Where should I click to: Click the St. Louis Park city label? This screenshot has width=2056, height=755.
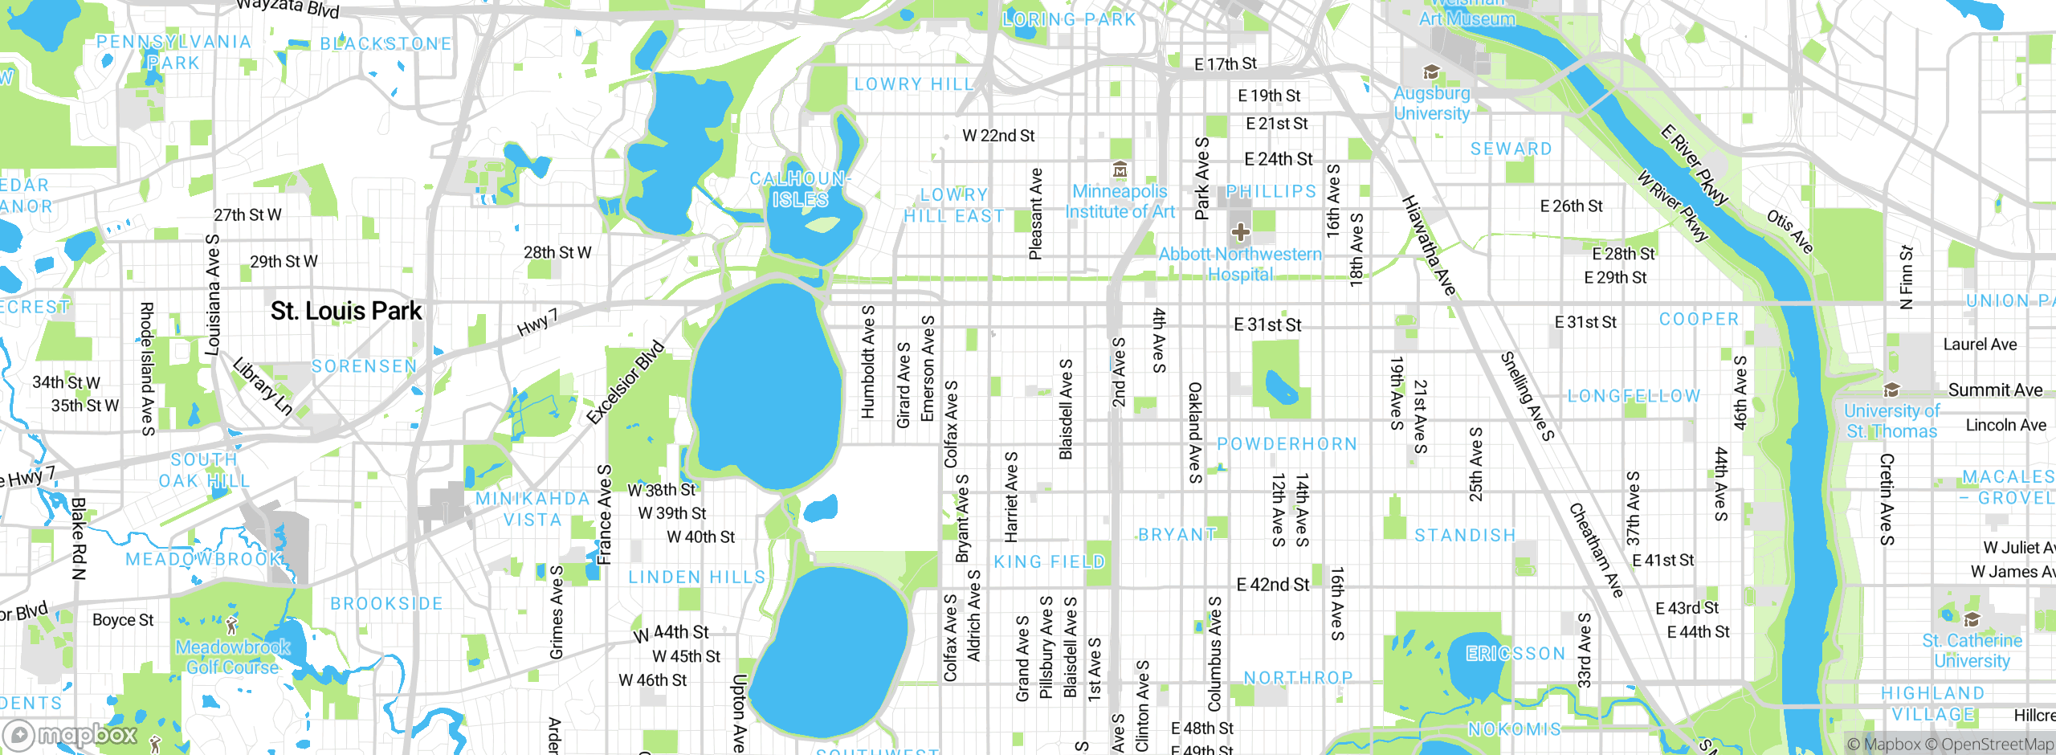coord(345,311)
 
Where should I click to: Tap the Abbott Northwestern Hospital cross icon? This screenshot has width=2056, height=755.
coord(1240,232)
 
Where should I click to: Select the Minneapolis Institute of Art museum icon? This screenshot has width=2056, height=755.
coord(1120,170)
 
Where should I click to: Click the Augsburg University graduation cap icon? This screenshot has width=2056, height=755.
coord(1430,73)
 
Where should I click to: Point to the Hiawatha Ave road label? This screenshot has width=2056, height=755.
coord(1429,245)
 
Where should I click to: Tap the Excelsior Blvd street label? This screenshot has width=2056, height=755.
coord(626,382)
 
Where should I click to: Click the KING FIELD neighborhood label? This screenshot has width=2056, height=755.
coord(1049,562)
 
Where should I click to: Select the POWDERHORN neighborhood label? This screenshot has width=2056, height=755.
coord(1287,444)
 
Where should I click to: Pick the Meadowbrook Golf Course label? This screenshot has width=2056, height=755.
coord(232,657)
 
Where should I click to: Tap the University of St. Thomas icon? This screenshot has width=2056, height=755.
coord(1891,390)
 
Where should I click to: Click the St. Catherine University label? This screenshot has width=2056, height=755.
coord(1972,651)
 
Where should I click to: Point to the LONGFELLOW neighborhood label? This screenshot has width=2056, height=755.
coord(1634,396)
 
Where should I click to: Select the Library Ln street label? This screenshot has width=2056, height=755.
coord(263,386)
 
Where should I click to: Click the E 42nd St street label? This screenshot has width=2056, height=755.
coord(1272,585)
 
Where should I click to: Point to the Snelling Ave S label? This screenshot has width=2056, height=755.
coord(1528,396)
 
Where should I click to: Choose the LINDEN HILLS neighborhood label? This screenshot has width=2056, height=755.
coord(696,577)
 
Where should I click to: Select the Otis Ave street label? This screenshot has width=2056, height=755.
coord(1789,231)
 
